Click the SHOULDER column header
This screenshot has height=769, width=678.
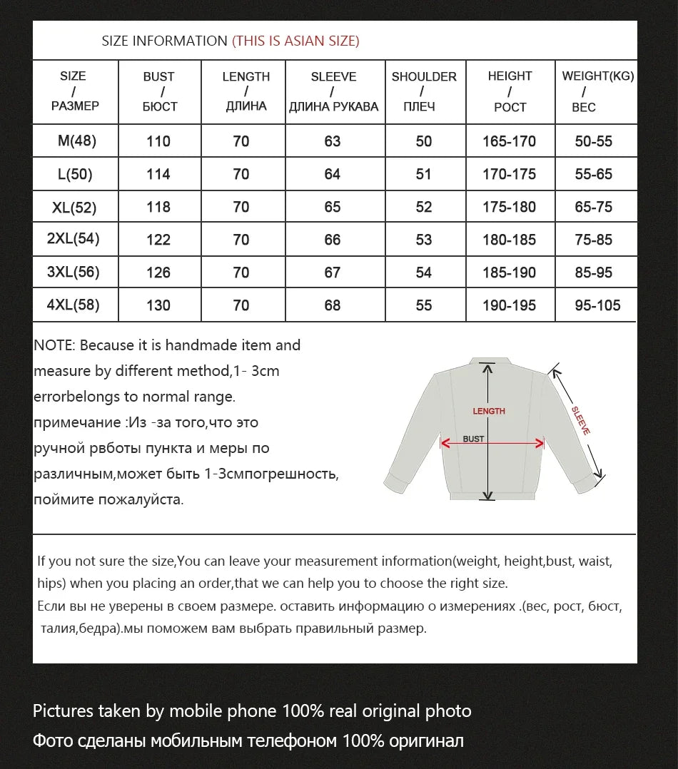click(x=424, y=91)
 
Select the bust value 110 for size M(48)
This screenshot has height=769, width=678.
click(x=158, y=141)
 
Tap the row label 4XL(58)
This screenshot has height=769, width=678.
click(x=73, y=305)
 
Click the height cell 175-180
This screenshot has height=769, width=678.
click(x=509, y=207)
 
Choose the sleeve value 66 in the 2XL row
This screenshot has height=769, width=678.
click(x=333, y=240)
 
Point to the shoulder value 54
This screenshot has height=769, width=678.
click(x=424, y=273)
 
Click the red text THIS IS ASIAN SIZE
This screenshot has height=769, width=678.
click(x=295, y=41)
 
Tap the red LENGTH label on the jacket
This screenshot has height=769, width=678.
click(x=489, y=411)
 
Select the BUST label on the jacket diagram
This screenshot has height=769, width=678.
click(x=473, y=439)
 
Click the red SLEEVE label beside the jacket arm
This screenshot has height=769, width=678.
click(x=581, y=421)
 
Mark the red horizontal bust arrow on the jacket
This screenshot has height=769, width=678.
click(x=492, y=444)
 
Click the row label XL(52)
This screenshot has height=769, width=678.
click(x=74, y=208)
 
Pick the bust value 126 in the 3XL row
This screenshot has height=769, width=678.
click(x=158, y=273)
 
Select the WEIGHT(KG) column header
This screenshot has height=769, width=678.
click(x=597, y=76)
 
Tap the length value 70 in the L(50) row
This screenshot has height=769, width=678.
click(x=241, y=174)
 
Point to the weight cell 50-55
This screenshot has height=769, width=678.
click(x=594, y=141)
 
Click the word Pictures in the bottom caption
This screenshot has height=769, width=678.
click(x=63, y=711)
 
